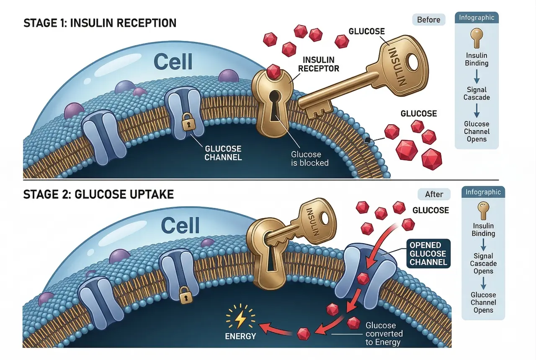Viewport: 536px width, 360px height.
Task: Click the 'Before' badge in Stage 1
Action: coord(429,20)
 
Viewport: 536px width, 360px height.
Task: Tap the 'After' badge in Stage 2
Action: coord(434,194)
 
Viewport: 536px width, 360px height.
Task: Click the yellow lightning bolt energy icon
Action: coord(240,319)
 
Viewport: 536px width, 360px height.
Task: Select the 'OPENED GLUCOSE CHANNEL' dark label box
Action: coord(428,253)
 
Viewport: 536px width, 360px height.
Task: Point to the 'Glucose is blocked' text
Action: coord(310,159)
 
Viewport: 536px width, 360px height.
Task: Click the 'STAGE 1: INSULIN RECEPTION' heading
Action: coord(100,23)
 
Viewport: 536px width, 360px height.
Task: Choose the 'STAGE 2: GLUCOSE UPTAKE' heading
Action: coord(98,195)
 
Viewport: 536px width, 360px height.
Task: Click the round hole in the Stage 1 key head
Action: coord(414,63)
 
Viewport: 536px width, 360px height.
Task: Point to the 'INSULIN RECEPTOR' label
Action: coord(321,64)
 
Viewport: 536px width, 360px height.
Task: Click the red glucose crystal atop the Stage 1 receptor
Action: coord(273,71)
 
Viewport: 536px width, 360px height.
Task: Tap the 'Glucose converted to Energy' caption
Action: coord(384,334)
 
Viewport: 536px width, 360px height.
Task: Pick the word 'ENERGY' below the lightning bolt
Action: coord(240,336)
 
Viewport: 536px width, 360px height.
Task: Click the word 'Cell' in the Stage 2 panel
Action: coord(180,226)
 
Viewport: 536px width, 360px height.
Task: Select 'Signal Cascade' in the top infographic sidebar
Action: coord(477,93)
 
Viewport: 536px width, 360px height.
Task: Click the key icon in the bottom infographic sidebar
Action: coord(483,209)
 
